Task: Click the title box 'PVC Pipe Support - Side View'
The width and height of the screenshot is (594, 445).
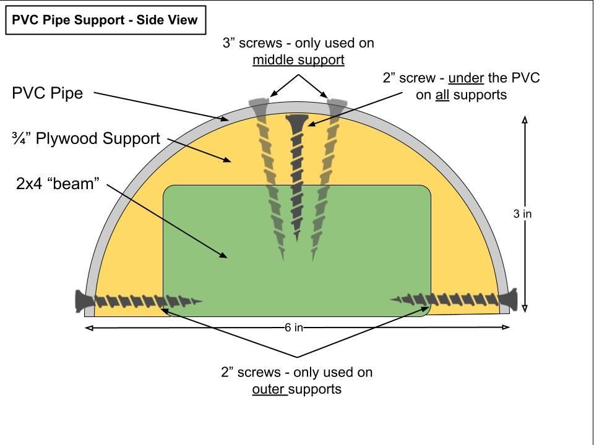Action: click(106, 20)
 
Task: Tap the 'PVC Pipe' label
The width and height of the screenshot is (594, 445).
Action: click(48, 93)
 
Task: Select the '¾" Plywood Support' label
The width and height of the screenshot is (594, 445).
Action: click(87, 138)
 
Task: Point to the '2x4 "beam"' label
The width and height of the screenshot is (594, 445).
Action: click(58, 184)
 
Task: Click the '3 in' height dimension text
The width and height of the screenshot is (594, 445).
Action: click(522, 214)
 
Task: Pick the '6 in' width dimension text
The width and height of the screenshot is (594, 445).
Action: click(294, 328)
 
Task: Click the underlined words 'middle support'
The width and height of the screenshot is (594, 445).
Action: click(298, 60)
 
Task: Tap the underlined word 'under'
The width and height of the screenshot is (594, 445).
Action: click(466, 78)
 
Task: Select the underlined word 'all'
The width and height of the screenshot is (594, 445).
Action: click(442, 95)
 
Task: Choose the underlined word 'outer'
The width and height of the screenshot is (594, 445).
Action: click(269, 389)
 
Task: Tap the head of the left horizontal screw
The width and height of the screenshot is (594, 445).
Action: click(84, 300)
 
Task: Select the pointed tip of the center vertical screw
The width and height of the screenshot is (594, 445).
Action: click(296, 240)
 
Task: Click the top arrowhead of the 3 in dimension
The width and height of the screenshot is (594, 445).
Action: click(525, 119)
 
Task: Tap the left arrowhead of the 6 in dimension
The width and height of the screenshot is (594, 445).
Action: click(88, 328)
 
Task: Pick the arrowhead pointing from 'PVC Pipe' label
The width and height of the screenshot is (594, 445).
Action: click(225, 119)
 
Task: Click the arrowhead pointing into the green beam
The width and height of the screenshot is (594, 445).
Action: click(223, 255)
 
